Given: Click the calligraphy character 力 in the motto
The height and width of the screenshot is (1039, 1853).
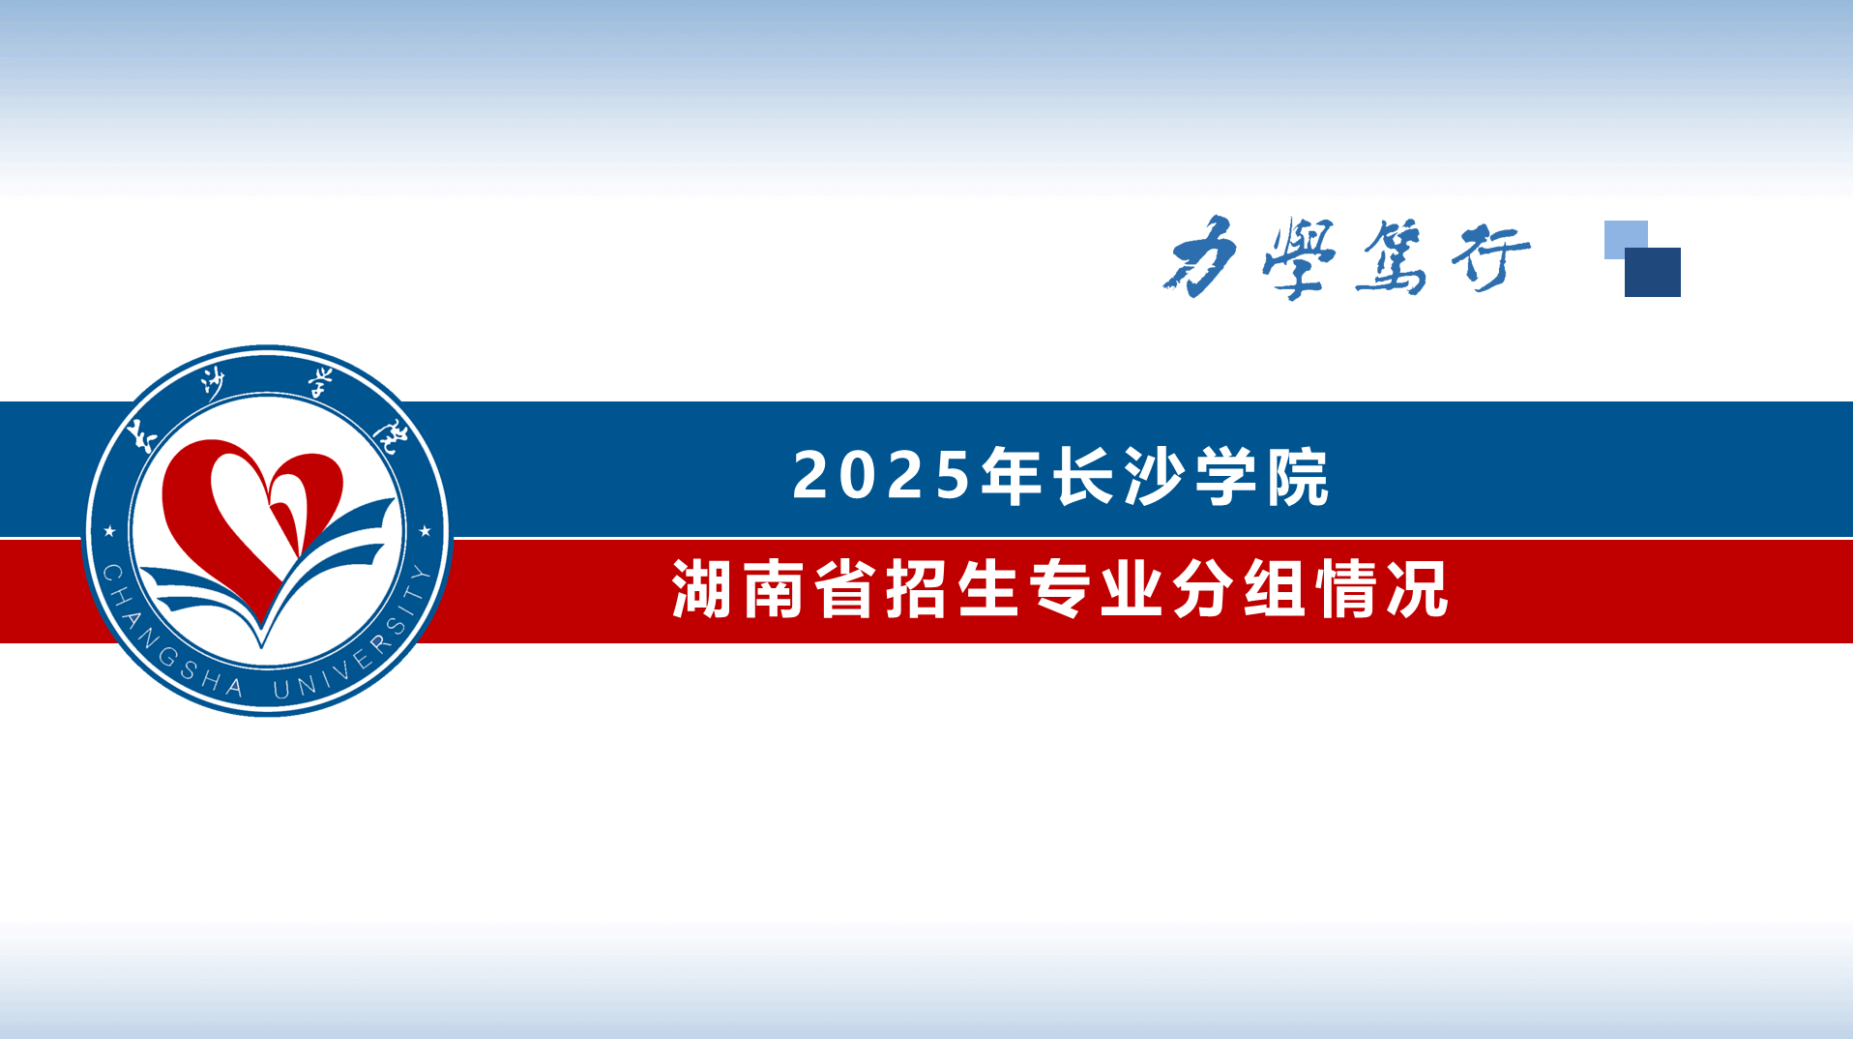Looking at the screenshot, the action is (1201, 255).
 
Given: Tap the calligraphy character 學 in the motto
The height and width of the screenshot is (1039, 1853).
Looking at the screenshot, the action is (1299, 257).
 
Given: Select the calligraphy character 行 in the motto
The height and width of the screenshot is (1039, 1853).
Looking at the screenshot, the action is (1490, 257).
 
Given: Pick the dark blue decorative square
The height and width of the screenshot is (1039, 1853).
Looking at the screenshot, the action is (1653, 272).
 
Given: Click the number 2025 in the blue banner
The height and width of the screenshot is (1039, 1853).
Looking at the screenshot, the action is (881, 476).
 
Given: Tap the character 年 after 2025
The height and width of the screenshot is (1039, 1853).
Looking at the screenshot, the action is (1011, 476).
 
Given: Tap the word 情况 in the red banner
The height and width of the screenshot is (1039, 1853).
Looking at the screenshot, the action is (1383, 588).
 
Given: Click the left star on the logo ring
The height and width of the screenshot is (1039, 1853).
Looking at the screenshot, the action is (109, 531).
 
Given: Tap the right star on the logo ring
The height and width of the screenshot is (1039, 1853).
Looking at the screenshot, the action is (425, 530).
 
